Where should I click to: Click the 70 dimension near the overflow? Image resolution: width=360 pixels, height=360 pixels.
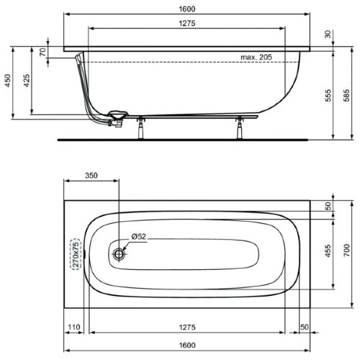pyautogui.click(x=42, y=53)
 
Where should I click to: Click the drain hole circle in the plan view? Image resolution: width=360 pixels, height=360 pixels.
pyautogui.click(x=120, y=253)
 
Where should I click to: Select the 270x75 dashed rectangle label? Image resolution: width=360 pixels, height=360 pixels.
pyautogui.click(x=73, y=253)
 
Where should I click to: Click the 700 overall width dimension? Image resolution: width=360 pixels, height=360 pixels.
pyautogui.click(x=348, y=251)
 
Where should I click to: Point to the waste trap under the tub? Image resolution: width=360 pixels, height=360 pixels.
pyautogui.click(x=115, y=118)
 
